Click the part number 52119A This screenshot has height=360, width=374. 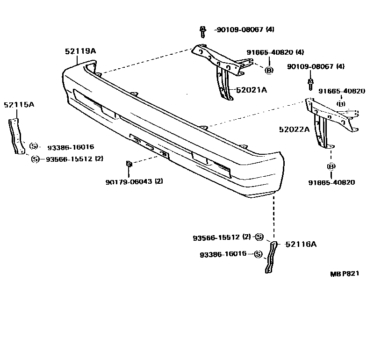(80, 52)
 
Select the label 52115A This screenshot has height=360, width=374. (19, 104)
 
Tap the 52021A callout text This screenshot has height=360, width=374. (251, 90)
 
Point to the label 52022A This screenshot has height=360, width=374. (294, 130)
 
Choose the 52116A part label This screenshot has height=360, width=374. (301, 244)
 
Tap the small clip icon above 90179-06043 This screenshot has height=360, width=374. (129, 164)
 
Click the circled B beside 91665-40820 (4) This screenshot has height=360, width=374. (269, 71)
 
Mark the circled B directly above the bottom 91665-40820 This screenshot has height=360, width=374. (331, 166)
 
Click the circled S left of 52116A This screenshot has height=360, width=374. (259, 237)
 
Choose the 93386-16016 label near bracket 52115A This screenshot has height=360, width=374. (70, 147)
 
